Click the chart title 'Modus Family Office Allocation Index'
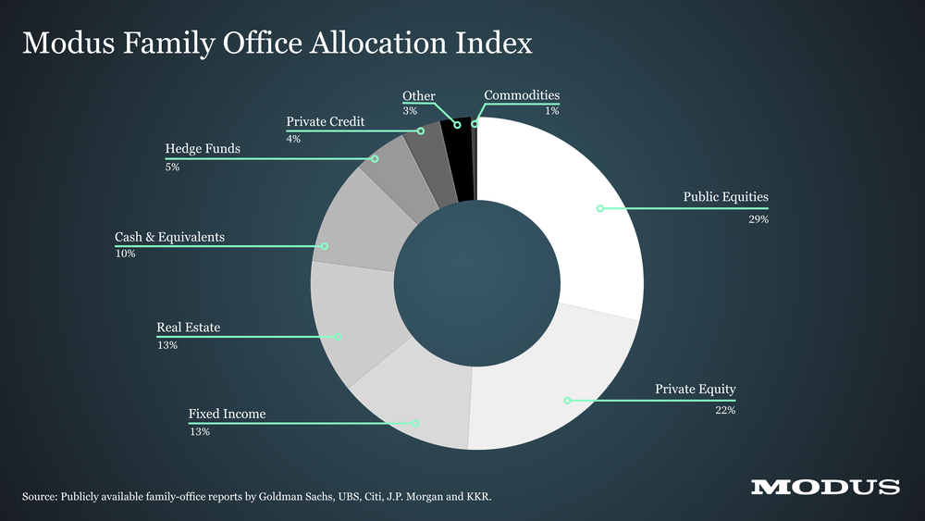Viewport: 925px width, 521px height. click(x=277, y=43)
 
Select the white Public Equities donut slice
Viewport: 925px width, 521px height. click(x=573, y=222)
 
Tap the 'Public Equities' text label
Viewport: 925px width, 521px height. click(x=725, y=197)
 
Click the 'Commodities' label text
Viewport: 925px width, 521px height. click(x=522, y=95)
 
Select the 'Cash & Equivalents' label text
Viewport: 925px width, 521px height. click(x=169, y=238)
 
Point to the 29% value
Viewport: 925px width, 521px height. click(x=758, y=220)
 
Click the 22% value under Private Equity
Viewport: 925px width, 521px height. click(x=725, y=410)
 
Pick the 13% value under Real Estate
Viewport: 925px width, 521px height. click(x=167, y=345)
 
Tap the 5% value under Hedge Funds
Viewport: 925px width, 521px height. click(x=172, y=167)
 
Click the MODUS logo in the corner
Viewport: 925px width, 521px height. click(x=825, y=488)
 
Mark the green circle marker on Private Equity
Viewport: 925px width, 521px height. click(x=568, y=401)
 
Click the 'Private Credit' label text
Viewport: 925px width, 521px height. click(x=326, y=121)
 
